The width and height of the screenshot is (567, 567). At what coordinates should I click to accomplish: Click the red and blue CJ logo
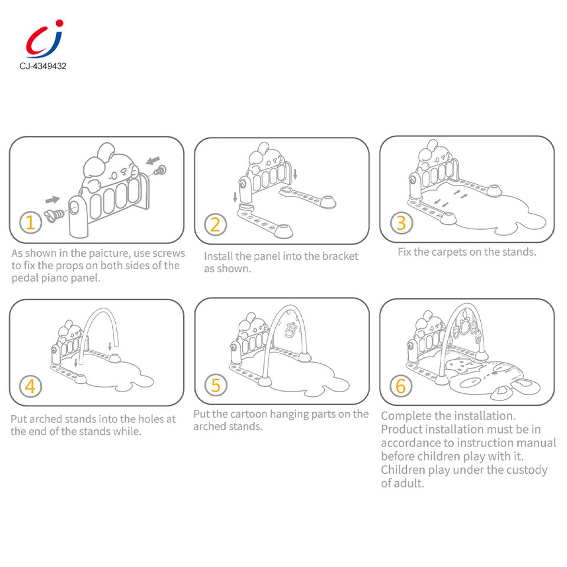point(44,39)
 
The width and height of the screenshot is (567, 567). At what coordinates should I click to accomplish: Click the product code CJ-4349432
point(43,66)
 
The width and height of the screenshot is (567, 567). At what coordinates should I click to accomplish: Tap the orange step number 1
point(30,222)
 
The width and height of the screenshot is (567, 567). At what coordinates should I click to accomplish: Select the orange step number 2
point(215,224)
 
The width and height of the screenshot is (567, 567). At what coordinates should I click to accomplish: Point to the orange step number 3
point(401,223)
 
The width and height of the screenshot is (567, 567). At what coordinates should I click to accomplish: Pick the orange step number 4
point(30,386)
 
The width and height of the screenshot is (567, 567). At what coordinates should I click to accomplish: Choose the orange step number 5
point(216,385)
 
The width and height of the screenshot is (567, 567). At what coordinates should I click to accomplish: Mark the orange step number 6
point(400,386)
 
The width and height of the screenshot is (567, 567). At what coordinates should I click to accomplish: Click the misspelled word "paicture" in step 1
point(109,253)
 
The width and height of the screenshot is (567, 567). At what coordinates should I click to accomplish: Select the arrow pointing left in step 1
point(153,159)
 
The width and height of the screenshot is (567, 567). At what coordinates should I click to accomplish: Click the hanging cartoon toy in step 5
point(290,330)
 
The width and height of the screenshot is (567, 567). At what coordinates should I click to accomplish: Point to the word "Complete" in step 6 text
point(406,416)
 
